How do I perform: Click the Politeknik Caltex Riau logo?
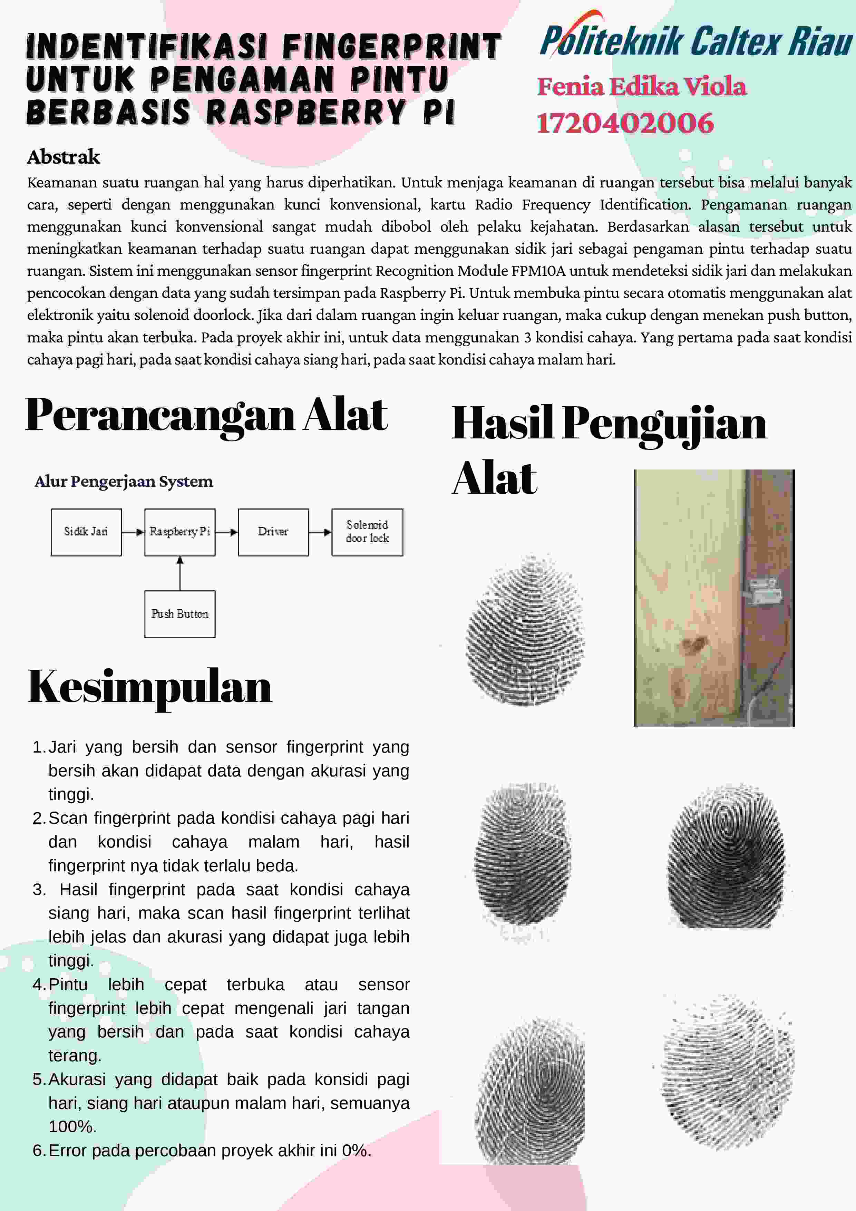tap(695, 38)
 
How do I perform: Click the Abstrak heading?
tap(63, 157)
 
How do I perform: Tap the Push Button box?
tap(180, 613)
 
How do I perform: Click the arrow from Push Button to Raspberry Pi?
tap(180, 573)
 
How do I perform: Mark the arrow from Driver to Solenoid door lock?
tap(320, 532)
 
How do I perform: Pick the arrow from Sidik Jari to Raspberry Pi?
tap(133, 532)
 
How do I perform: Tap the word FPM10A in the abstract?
tap(538, 271)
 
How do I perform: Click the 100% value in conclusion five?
tap(72, 1127)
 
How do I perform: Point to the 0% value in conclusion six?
tap(355, 1150)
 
